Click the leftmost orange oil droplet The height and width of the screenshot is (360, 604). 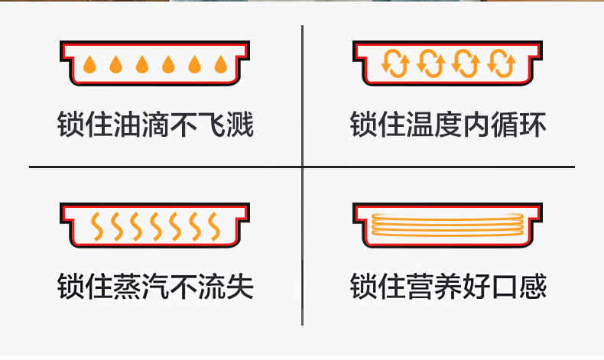coord(89,64)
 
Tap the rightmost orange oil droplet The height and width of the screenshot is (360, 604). coord(221,64)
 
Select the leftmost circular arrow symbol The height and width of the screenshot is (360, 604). coord(395,63)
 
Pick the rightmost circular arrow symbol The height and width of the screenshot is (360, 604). coord(501,63)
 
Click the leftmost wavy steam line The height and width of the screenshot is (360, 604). coord(96,226)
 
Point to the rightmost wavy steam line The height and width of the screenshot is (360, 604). coord(214,226)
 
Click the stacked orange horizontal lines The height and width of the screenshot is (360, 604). coord(447,224)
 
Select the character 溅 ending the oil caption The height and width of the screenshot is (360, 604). coord(240,124)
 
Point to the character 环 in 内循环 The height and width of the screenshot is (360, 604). coord(533,124)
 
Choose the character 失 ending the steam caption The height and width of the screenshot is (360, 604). coord(240,286)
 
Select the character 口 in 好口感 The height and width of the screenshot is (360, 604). coord(505,286)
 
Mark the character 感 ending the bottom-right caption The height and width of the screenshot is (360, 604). coord(533,286)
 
